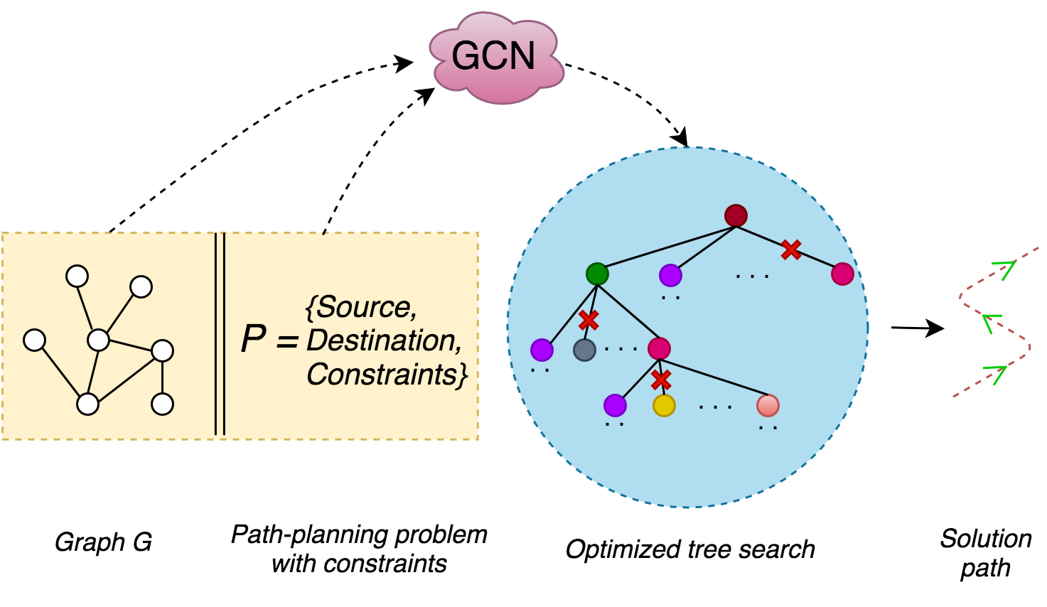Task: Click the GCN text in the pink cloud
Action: pos(493,56)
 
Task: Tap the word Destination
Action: pos(384,340)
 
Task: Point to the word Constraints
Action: pos(387,375)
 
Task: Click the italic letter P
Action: pos(253,339)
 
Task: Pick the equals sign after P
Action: pos(286,341)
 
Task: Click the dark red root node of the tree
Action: pos(736,215)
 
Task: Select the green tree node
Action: pos(597,274)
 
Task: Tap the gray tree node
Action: pos(584,350)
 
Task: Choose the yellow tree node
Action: pos(664,405)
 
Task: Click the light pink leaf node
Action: pos(768,405)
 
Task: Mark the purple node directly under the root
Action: pos(670,275)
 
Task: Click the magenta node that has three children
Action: pos(659,348)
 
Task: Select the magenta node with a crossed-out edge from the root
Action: pos(842,274)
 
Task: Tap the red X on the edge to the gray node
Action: pos(589,321)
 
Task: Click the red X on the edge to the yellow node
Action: pos(661,380)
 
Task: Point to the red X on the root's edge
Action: pos(791,249)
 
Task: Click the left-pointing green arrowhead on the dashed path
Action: pos(991,323)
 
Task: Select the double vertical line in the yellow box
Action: pos(220,334)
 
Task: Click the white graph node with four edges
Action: pos(98,340)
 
